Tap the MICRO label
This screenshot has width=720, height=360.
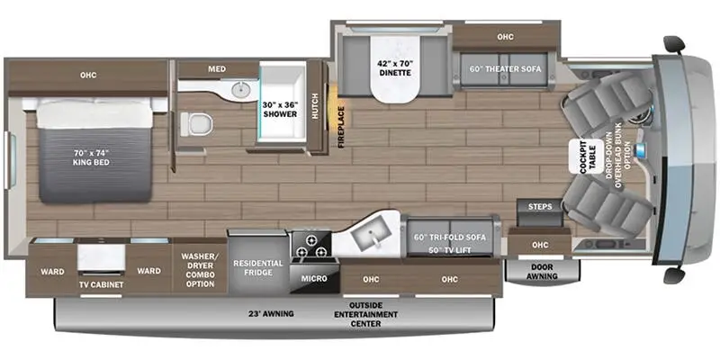click(x=314, y=279)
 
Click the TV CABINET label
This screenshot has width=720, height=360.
click(x=101, y=285)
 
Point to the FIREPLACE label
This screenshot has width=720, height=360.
click(x=342, y=125)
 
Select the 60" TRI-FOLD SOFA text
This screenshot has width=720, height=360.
click(x=449, y=237)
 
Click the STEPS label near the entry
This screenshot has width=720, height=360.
click(x=540, y=207)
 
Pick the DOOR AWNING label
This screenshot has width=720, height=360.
click(x=542, y=271)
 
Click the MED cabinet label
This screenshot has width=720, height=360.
click(x=216, y=67)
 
